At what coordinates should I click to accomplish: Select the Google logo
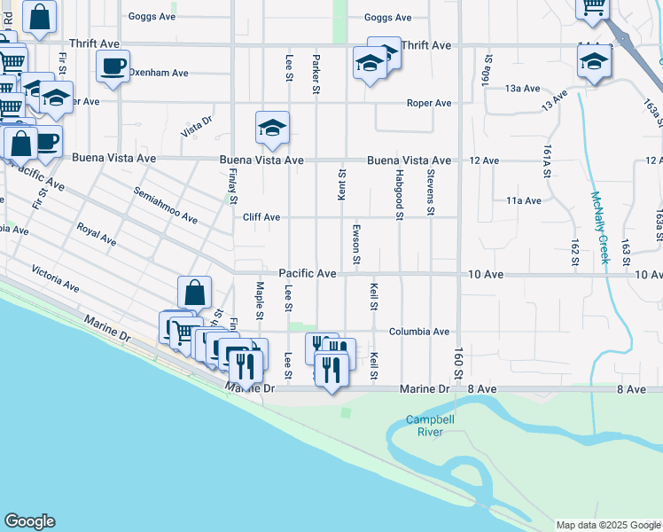(x=29, y=521)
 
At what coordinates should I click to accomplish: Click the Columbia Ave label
(x=419, y=332)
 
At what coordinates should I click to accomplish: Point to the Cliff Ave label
(x=261, y=217)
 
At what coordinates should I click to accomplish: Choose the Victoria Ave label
(x=55, y=277)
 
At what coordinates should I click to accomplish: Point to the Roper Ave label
(x=429, y=104)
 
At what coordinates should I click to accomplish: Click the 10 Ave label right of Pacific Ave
(x=486, y=275)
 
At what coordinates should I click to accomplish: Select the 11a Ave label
(x=524, y=201)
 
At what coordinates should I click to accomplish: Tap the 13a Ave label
(x=523, y=89)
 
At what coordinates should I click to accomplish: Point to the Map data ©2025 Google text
(x=607, y=525)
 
